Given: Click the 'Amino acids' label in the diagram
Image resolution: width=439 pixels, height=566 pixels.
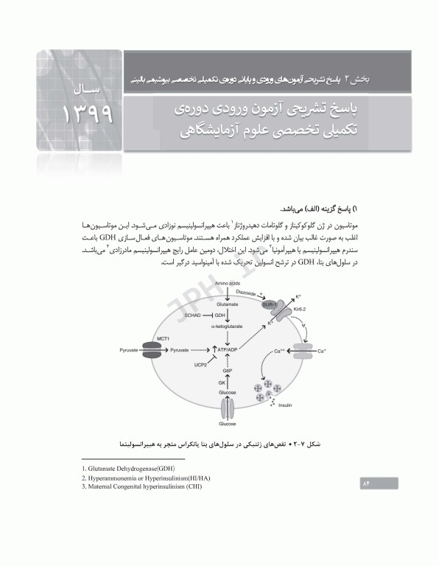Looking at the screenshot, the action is (228, 284).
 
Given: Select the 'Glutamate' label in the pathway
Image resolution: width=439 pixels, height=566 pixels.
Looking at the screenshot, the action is (228, 301).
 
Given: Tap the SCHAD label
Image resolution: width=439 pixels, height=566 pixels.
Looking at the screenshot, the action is (193, 315).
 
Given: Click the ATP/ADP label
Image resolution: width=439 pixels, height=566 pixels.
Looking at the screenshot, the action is (228, 349).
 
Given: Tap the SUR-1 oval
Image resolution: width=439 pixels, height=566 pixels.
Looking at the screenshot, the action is (270, 303).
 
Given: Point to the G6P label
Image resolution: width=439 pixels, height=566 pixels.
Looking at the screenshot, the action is (228, 371).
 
